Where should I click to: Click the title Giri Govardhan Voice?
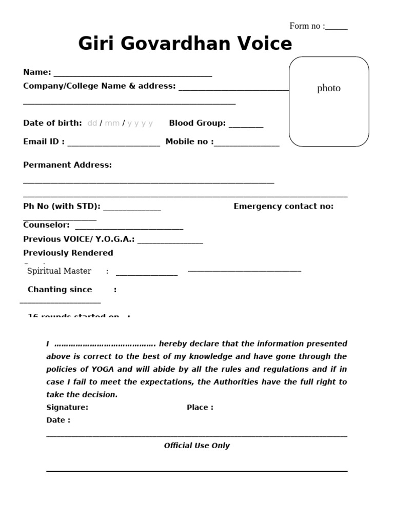pyautogui.click(x=185, y=44)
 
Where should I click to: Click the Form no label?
pyautogui.click(x=307, y=26)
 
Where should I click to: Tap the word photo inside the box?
pyautogui.click(x=329, y=88)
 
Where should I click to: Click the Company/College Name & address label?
pyautogui.click(x=99, y=86)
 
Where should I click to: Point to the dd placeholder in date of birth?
pyautogui.click(x=92, y=123)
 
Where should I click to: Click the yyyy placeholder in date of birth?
pyautogui.click(x=140, y=123)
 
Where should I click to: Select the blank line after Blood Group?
pyautogui.click(x=246, y=126)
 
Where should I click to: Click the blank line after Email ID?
pyautogui.click(x=113, y=145)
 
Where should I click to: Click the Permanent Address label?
pyautogui.click(x=67, y=165)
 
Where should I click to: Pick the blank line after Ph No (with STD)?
pyautogui.click(x=132, y=210)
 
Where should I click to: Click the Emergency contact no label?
pyautogui.click(x=283, y=207)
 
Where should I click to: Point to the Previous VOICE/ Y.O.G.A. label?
pyautogui.click(x=79, y=239)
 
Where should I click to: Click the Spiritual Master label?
pyautogui.click(x=59, y=271)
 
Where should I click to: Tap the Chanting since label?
pyautogui.click(x=60, y=290)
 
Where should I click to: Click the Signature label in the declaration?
pyautogui.click(x=67, y=408)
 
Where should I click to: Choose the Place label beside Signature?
pyautogui.click(x=200, y=408)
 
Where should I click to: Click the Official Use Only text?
pyautogui.click(x=196, y=446)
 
